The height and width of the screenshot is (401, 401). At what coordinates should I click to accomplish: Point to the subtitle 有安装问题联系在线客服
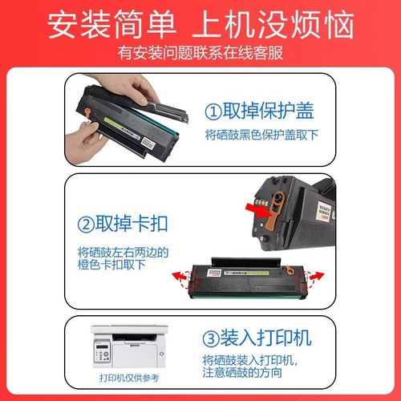(x=200, y=54)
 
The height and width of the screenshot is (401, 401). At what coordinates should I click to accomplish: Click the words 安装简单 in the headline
(x=113, y=23)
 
